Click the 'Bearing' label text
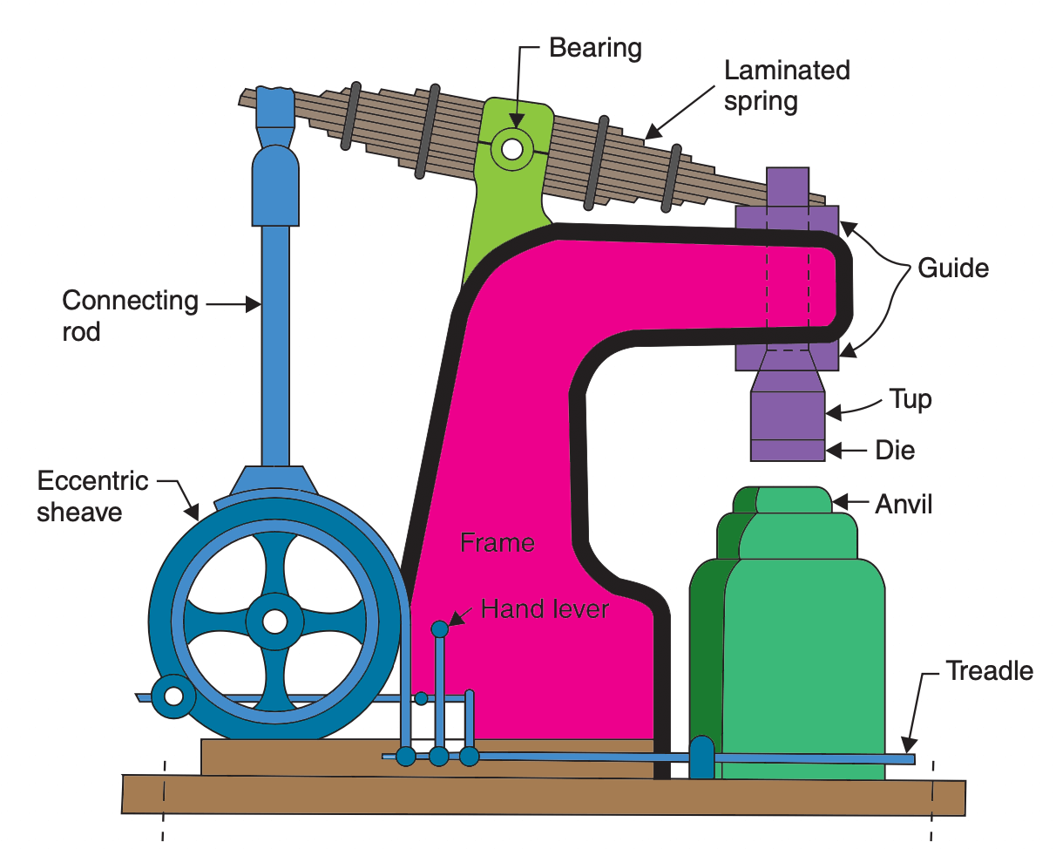(x=595, y=48)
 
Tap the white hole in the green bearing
(x=511, y=150)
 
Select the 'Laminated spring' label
(x=787, y=85)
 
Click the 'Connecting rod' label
(x=130, y=316)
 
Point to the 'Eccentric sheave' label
(x=92, y=496)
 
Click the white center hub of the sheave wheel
(x=274, y=621)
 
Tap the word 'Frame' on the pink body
(x=497, y=543)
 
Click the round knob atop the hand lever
(x=439, y=628)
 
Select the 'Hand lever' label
(x=545, y=608)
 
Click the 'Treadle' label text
(x=989, y=670)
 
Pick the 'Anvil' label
(x=904, y=504)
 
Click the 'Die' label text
(x=895, y=451)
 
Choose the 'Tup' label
(x=910, y=399)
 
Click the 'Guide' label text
(x=953, y=268)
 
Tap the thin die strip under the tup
(x=788, y=450)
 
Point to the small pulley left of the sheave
(x=173, y=696)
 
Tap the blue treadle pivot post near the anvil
(x=701, y=757)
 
